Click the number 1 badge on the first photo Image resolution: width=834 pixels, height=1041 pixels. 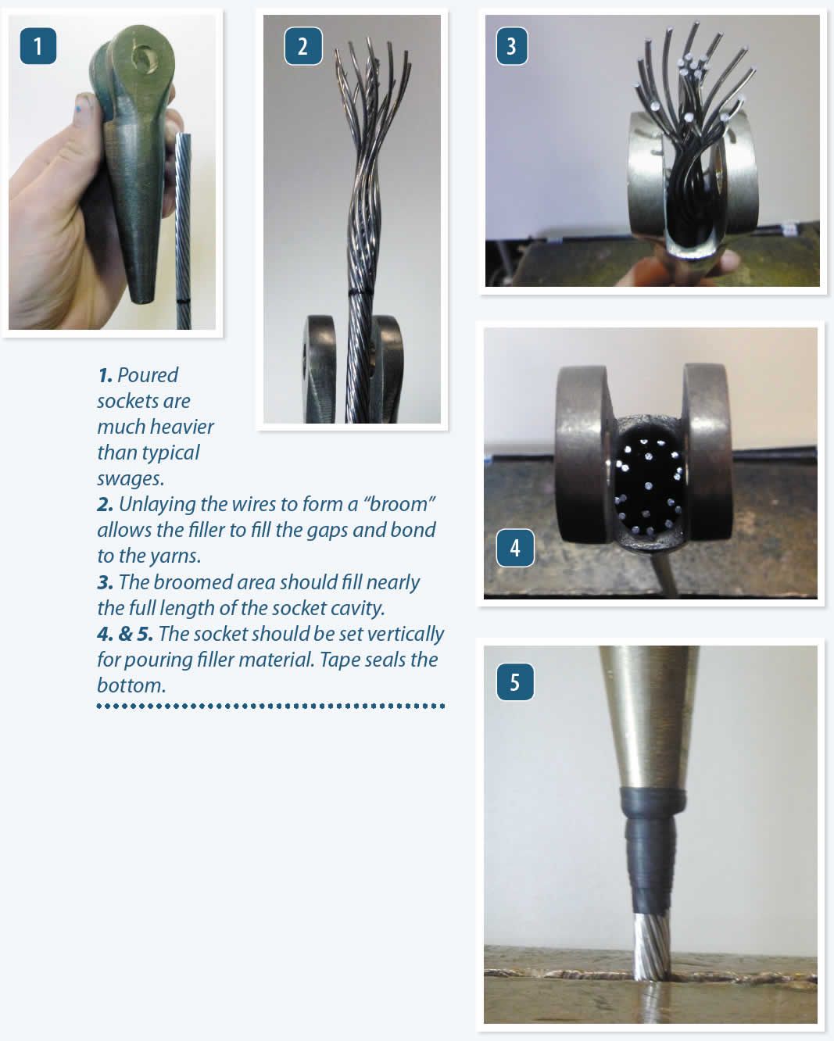tap(38, 46)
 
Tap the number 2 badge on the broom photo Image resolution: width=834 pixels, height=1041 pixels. tap(302, 46)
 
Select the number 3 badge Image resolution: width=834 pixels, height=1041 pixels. tap(511, 46)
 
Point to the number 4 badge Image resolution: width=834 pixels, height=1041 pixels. tap(514, 548)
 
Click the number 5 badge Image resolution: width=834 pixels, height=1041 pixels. tap(514, 682)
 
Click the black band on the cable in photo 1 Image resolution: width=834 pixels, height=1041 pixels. tap(184, 301)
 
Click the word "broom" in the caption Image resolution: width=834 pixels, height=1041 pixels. tap(399, 504)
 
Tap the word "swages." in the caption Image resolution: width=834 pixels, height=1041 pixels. tap(131, 478)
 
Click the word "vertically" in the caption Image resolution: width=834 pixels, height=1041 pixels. tap(406, 634)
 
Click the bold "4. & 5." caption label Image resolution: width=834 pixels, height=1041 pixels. tap(125, 634)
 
